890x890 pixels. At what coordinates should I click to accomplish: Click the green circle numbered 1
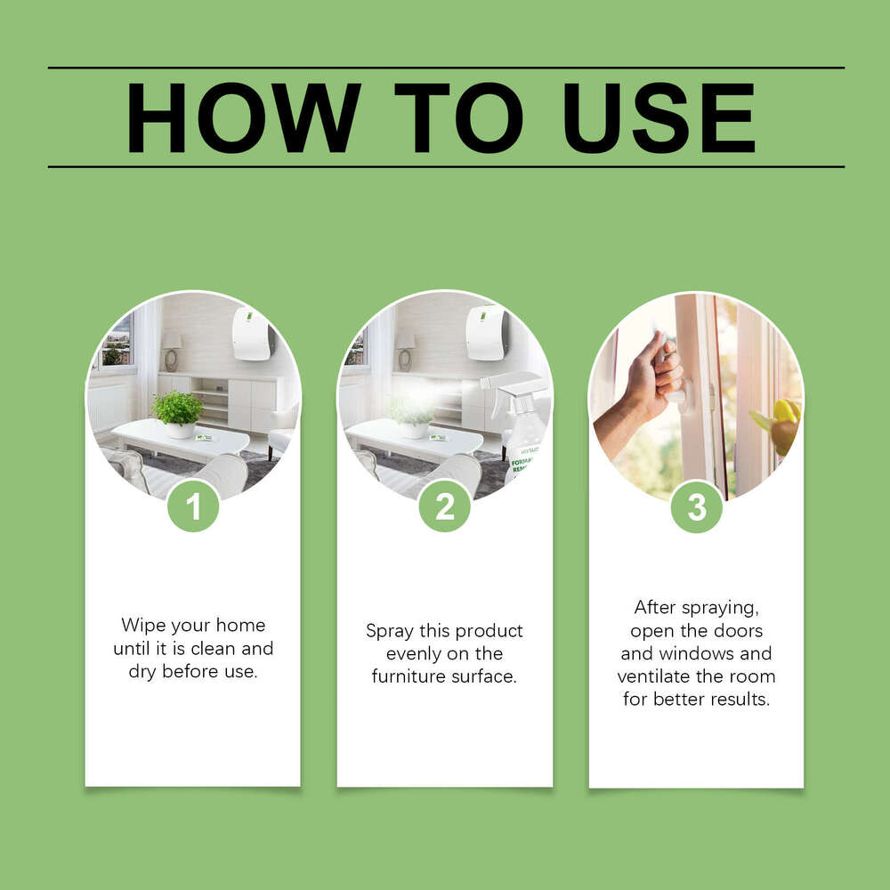193,507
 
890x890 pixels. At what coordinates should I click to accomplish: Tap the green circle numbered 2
444,507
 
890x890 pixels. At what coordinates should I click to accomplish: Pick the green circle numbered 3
696,507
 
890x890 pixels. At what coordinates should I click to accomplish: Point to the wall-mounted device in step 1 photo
252,334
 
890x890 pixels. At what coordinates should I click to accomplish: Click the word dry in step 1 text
142,672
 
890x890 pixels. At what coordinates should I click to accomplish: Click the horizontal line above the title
445,68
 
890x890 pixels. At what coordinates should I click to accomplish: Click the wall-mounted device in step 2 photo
486,333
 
